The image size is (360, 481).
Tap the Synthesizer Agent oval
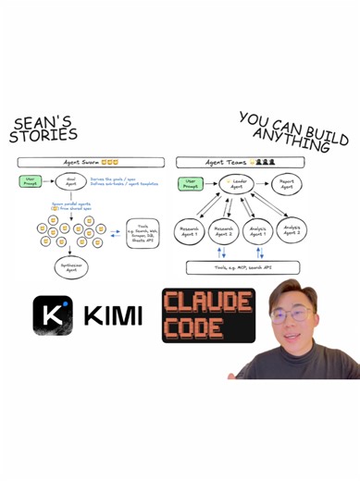click(69, 268)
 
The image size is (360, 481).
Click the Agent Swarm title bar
click(90, 161)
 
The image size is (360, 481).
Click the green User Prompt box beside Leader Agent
click(192, 183)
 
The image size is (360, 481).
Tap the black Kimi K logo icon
click(52, 314)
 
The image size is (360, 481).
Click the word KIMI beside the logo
click(113, 316)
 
